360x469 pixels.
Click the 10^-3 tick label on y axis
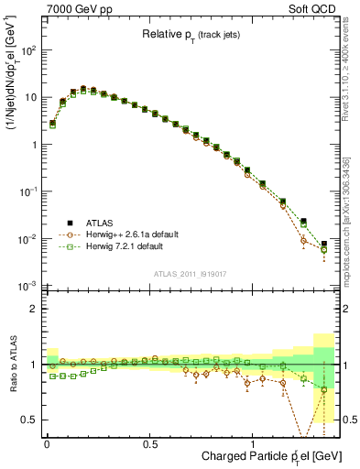[x=28, y=287]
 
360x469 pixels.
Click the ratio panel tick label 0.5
[x=31, y=420]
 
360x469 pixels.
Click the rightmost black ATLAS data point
[x=324, y=244]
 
